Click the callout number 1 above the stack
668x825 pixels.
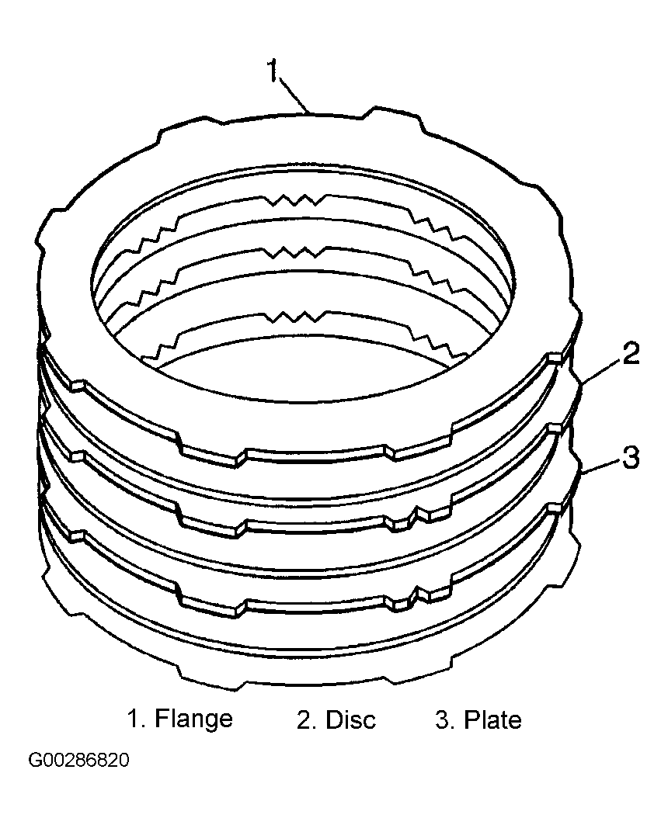coord(272,71)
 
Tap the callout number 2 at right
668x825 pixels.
coord(631,354)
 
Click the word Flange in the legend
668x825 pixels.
coord(193,719)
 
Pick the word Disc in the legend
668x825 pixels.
coord(351,719)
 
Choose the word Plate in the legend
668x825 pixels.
coord(492,719)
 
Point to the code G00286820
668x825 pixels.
coord(78,761)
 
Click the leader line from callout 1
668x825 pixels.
coord(293,95)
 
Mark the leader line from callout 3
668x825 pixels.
coord(601,467)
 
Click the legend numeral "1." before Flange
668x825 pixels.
coord(137,719)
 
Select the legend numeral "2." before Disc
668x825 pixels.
coord(306,719)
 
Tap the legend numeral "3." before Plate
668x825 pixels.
coord(445,719)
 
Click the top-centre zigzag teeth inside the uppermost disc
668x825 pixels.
coord(295,199)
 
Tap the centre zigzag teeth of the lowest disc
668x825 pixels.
coord(295,317)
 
